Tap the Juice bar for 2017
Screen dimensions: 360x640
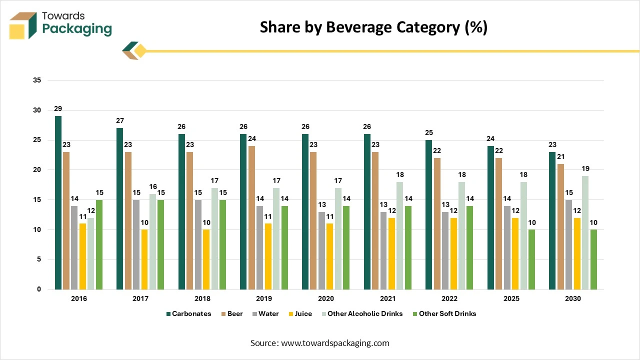[144, 259]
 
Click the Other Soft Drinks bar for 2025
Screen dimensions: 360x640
[531, 259]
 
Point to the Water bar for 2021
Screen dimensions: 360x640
[383, 250]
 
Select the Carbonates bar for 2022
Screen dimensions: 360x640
[428, 214]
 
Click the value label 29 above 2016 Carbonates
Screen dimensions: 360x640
[58, 109]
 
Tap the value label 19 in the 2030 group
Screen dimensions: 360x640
[585, 169]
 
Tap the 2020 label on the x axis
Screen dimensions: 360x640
[325, 298]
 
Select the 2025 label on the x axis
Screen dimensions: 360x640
[511, 298]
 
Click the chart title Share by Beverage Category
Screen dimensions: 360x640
[373, 27]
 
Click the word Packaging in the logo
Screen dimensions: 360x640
[77, 29]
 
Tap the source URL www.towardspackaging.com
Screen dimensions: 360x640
[334, 343]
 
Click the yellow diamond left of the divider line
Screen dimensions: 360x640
[140, 50]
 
